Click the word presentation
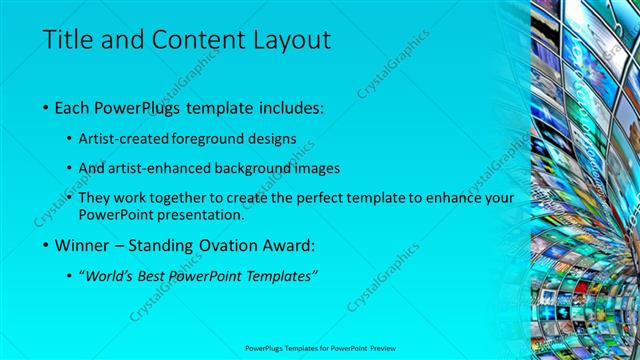click(x=205, y=214)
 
